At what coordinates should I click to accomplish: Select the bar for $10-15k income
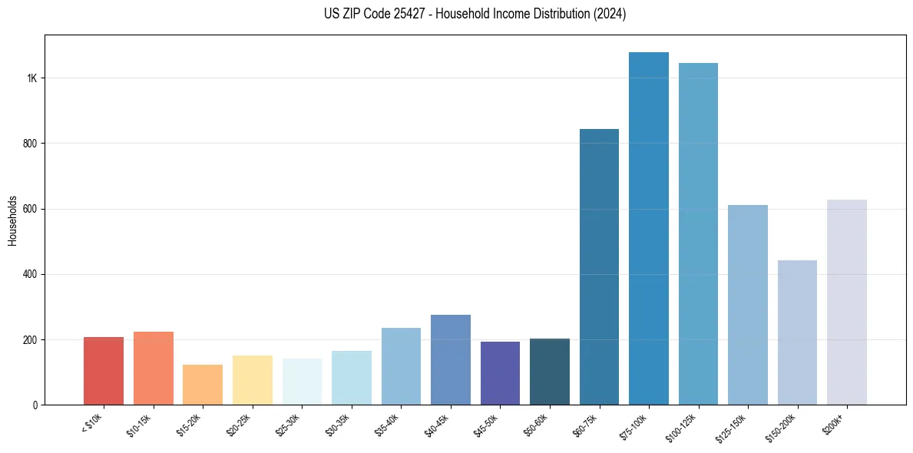point(154,369)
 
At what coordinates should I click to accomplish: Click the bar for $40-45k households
point(451,360)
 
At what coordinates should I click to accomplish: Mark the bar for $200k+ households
point(847,303)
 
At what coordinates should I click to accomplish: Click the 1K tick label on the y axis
point(33,78)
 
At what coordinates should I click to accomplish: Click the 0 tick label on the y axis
point(35,405)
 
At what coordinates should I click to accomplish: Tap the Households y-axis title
point(12,220)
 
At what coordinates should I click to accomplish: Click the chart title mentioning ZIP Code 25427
point(475,15)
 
